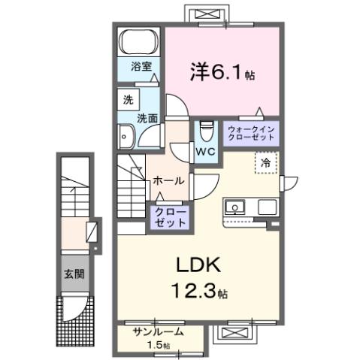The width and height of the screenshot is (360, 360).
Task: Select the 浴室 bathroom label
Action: (x=138, y=66)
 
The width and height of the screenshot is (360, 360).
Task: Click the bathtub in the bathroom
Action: (x=138, y=41)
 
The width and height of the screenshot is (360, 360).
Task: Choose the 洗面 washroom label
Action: (x=147, y=117)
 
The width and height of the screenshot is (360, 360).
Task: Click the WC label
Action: (x=205, y=151)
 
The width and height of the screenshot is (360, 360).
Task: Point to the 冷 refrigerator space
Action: (x=265, y=161)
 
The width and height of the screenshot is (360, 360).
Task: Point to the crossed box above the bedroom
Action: (x=204, y=14)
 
